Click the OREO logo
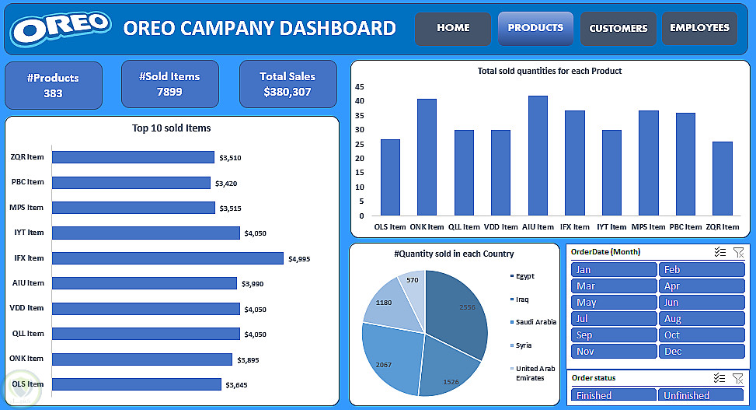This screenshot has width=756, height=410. pos(61,29)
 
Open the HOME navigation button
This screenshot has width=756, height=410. pos(453,28)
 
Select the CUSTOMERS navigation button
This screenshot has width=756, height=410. pos(618,28)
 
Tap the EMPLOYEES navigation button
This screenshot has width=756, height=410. pos(699,28)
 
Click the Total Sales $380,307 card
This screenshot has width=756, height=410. pos(287,84)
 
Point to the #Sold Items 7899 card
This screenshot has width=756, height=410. pos(169,84)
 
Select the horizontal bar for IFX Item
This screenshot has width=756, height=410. pos(167,258)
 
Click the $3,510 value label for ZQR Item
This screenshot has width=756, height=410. pos(230,158)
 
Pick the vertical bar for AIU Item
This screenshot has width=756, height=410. pos(538,156)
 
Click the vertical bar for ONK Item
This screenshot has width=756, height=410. pos(427,157)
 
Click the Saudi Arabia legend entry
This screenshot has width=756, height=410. pos(535,322)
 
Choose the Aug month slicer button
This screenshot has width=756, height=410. pos(702,319)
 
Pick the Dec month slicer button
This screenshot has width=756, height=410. pos(702,352)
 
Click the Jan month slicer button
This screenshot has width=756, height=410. pos(614,270)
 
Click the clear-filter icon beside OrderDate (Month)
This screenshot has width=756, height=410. pos(738,252)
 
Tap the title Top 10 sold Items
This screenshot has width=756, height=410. pos(171,128)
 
